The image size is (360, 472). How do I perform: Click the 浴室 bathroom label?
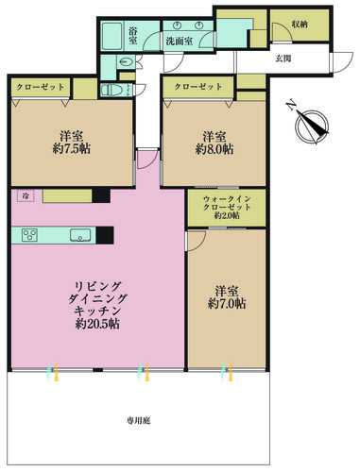[x=133, y=35]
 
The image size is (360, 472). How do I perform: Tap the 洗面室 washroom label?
[x=180, y=41]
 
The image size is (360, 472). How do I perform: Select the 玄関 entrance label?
[x=283, y=59]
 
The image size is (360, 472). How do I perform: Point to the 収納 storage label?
[x=300, y=24]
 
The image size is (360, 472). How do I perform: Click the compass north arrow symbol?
[x=311, y=124]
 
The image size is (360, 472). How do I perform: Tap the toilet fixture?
[x=112, y=91]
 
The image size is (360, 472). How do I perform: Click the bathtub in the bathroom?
[x=112, y=36]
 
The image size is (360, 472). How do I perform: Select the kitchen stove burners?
[x=30, y=235]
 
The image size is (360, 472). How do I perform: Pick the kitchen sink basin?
[x=80, y=235]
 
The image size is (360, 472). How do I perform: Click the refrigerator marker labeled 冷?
[x=26, y=195]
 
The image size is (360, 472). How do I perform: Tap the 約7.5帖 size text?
[x=72, y=148]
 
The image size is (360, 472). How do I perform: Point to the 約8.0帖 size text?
[x=214, y=149]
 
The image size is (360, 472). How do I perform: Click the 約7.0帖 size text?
[x=227, y=303]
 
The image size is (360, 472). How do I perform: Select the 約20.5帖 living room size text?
[x=97, y=324]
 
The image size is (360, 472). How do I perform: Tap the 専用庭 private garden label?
[x=138, y=420]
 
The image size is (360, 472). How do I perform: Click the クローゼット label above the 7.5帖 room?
[x=41, y=87]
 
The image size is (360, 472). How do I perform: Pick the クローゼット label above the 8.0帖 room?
[x=198, y=86]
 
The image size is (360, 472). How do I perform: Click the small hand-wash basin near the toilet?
[x=126, y=61]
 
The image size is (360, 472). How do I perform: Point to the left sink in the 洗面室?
[x=178, y=25]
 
